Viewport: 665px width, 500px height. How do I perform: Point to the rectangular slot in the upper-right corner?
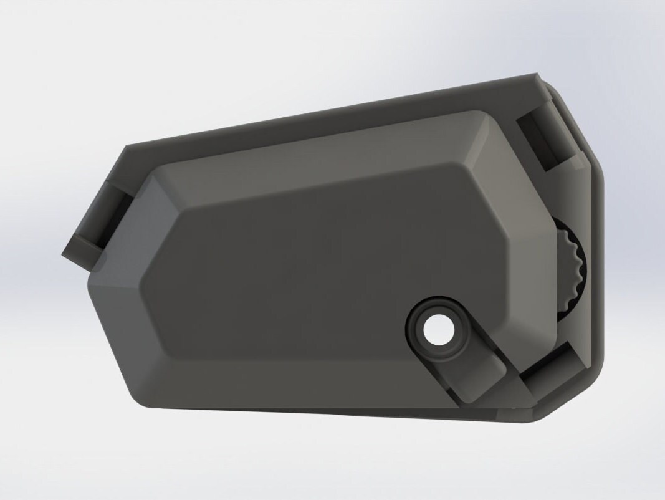point(541,141)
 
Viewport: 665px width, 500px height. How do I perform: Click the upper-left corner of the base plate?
point(128,148)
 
